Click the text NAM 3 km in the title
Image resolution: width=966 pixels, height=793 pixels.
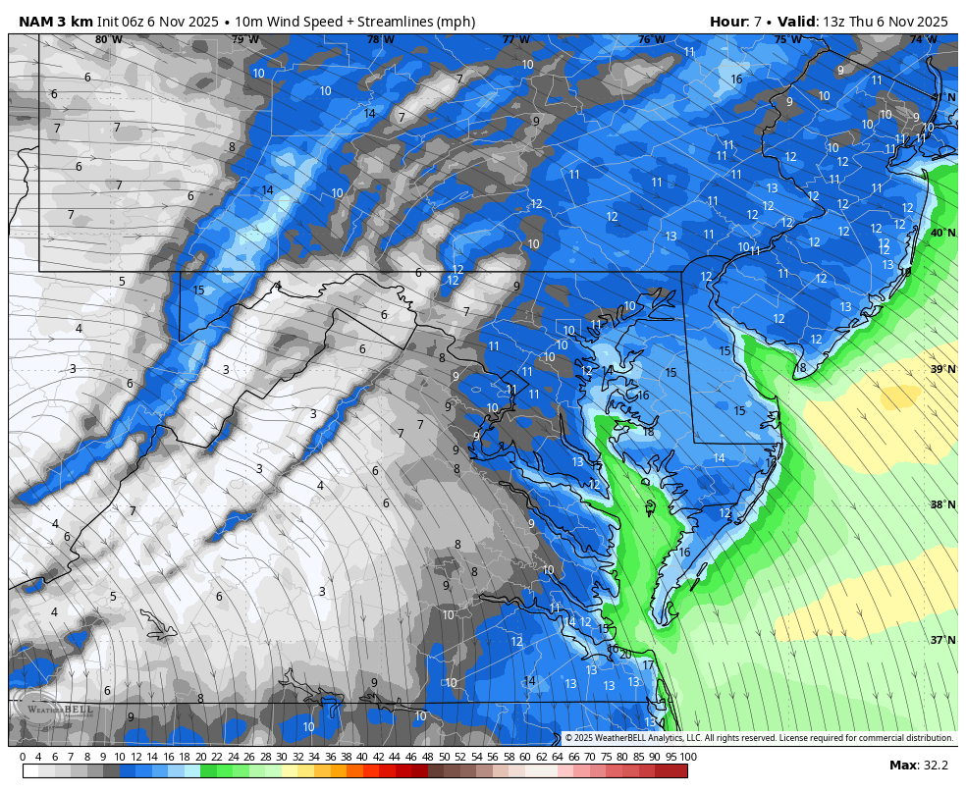pos(55,22)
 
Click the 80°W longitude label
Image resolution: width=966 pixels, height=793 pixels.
pos(108,40)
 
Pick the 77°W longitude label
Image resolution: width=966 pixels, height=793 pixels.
pos(515,40)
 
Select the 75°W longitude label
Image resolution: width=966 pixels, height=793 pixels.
pos(786,40)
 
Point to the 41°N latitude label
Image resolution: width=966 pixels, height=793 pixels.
pos(942,97)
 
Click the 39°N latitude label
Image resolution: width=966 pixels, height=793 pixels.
pos(942,369)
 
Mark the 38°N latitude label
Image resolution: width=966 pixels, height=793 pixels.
pos(942,504)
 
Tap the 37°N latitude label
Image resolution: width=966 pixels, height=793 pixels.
pos(942,640)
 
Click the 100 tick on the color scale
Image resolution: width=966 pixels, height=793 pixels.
pos(688,757)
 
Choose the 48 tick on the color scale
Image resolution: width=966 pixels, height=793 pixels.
pos(427,757)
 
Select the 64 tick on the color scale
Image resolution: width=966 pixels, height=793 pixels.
pos(557,757)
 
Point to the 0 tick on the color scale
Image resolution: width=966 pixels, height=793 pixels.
pos(23,757)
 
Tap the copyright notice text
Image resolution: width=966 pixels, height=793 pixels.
pos(758,738)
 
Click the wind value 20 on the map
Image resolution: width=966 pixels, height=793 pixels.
pos(624,654)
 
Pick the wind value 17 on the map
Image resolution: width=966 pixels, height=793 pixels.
pos(648,665)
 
